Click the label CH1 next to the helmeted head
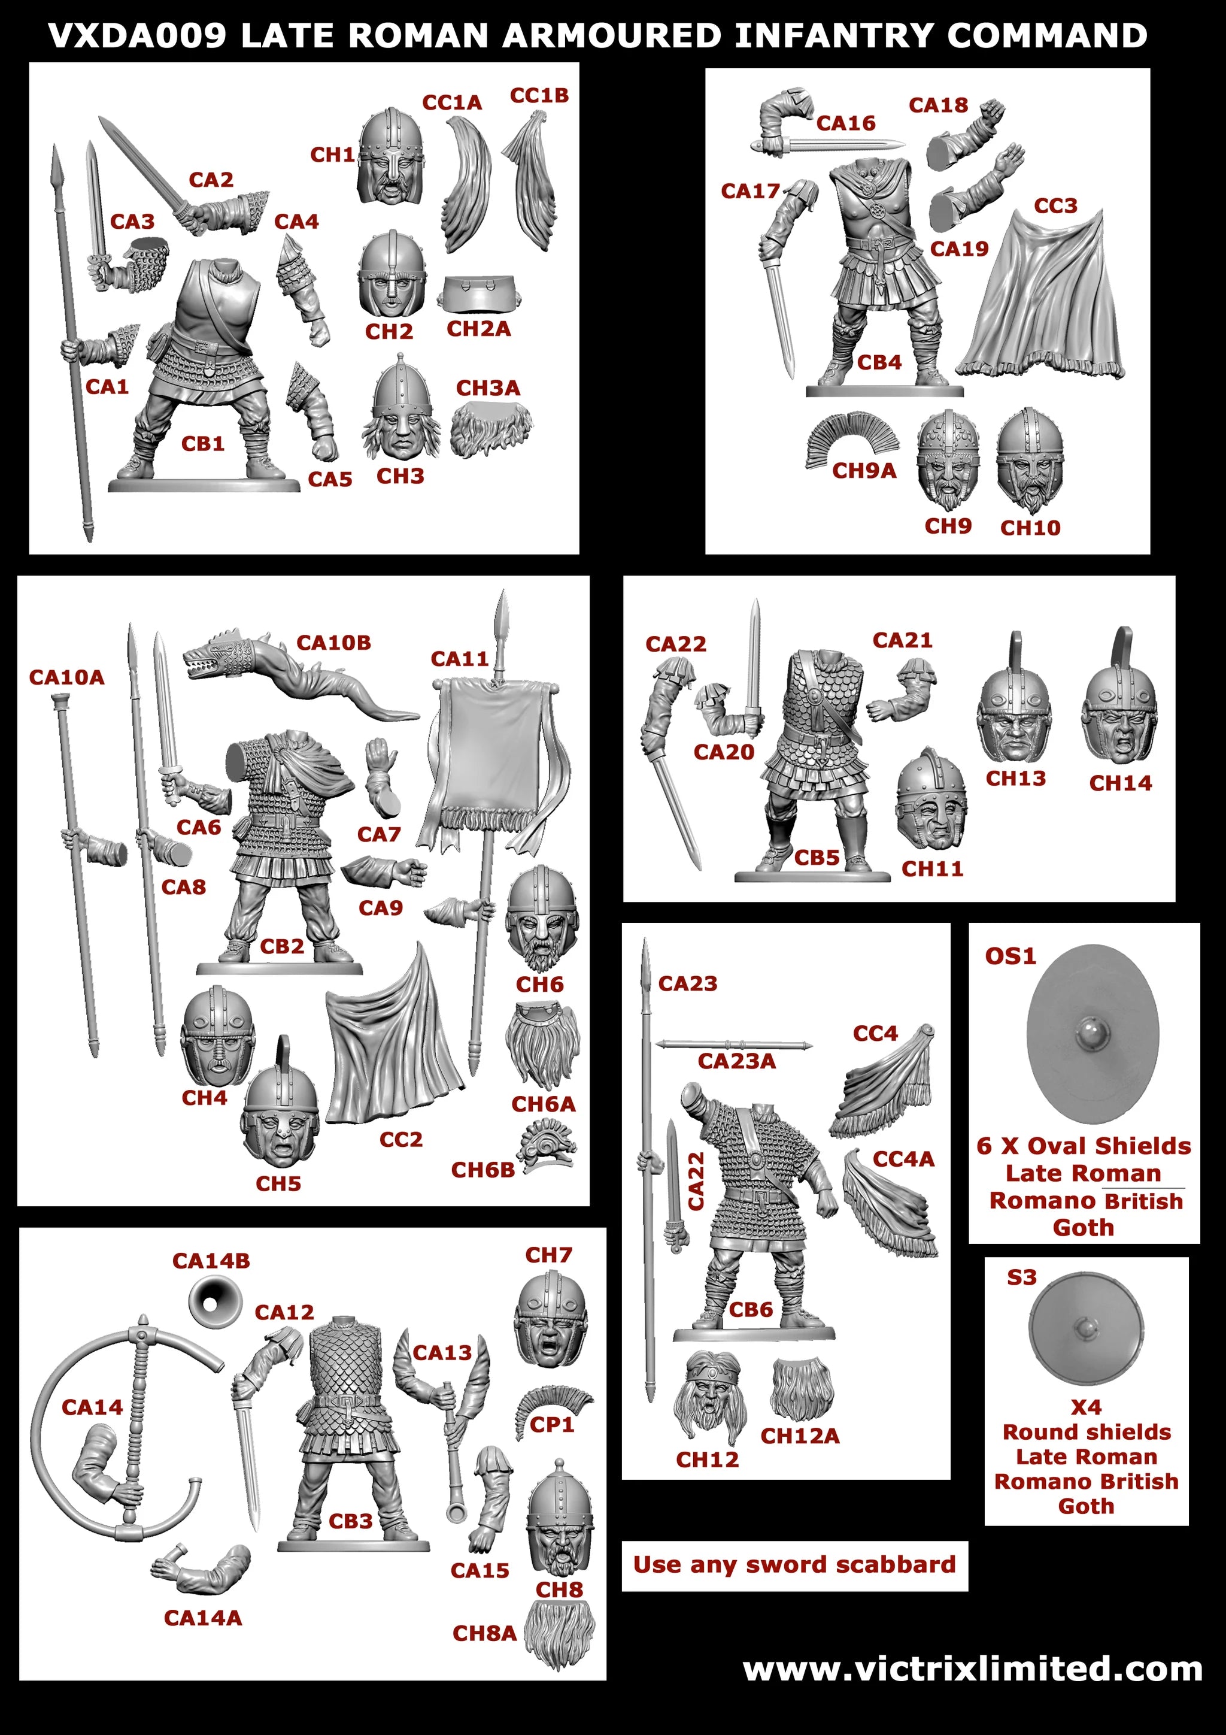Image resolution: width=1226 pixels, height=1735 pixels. pos(332,155)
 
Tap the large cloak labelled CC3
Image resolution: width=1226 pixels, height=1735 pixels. pos(1042,302)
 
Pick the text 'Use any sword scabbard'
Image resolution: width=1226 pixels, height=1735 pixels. pos(794,1564)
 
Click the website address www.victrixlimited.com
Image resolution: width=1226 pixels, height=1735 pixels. pos(972,1669)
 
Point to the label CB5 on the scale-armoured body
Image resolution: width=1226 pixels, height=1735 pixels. pos(817,858)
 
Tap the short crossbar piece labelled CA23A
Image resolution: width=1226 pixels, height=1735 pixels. pos(733,1045)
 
